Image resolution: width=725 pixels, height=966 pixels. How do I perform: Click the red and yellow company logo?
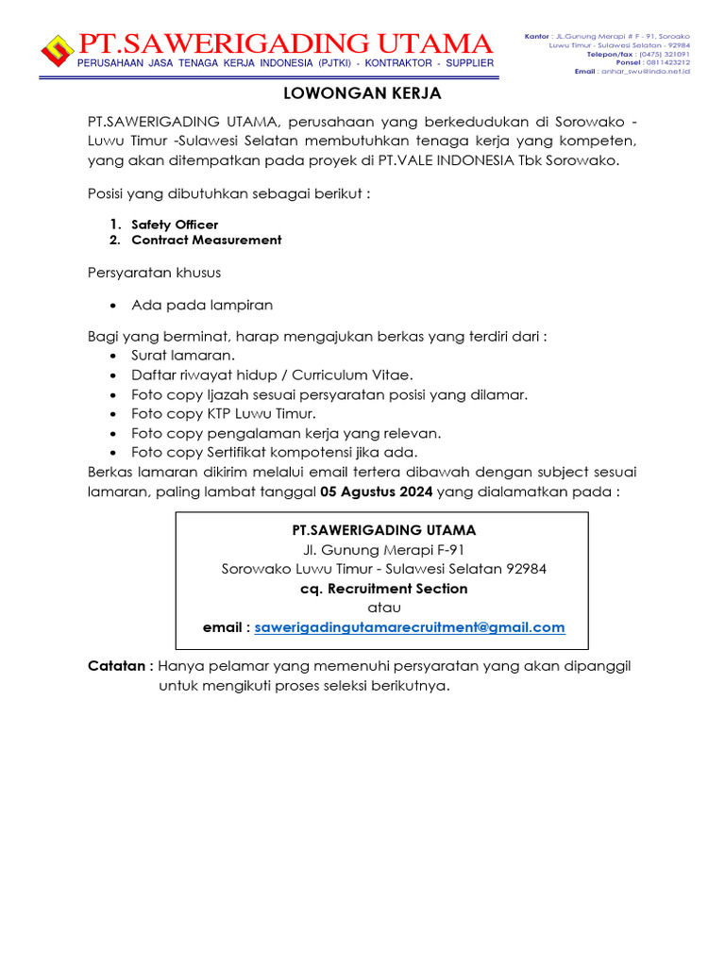pyautogui.click(x=59, y=50)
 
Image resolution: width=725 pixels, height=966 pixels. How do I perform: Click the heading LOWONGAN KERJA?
pyautogui.click(x=363, y=94)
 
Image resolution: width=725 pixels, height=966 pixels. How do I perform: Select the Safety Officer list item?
pyautogui.click(x=175, y=225)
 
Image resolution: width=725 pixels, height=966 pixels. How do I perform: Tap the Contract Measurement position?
pyautogui.click(x=206, y=240)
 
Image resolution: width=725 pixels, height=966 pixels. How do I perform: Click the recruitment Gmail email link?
pyautogui.click(x=410, y=627)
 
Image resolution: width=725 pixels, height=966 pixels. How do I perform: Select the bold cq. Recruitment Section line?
pyautogui.click(x=383, y=589)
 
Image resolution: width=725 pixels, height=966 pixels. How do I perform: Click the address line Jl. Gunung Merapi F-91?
pyautogui.click(x=383, y=550)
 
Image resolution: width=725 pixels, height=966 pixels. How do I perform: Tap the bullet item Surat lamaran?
pyautogui.click(x=183, y=356)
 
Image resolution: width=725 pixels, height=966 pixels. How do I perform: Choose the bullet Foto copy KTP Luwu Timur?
pyautogui.click(x=224, y=414)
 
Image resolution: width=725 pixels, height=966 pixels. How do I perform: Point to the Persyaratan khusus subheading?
pyautogui.click(x=154, y=273)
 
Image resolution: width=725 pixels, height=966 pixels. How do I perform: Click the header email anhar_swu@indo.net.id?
pyautogui.click(x=646, y=71)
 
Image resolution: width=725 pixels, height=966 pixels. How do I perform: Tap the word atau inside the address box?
pyautogui.click(x=383, y=608)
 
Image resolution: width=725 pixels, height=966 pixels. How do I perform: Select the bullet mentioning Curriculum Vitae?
pyautogui.click(x=272, y=375)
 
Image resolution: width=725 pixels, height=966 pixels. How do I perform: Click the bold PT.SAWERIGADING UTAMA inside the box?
pyautogui.click(x=383, y=530)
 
